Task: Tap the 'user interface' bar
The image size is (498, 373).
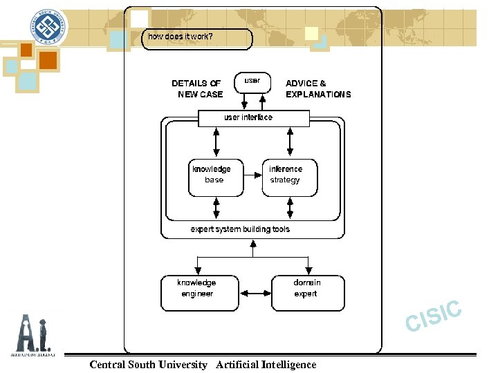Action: click(253, 118)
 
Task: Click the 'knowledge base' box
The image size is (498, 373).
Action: click(216, 177)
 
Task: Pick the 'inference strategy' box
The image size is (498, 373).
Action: click(288, 177)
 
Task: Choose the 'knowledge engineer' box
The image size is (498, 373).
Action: click(199, 292)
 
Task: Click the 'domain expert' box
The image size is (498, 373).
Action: click(307, 292)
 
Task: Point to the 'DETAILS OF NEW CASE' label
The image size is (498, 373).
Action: click(197, 88)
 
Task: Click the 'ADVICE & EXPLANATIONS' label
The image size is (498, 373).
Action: click(317, 88)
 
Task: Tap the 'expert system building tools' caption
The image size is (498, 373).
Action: click(240, 229)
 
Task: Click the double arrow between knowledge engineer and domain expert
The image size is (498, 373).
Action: click(255, 293)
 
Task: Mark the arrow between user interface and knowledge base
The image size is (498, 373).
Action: click(216, 142)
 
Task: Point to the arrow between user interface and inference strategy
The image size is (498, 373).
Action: click(289, 142)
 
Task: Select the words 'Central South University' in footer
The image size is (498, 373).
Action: click(148, 365)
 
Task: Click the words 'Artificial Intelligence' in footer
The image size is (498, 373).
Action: click(266, 365)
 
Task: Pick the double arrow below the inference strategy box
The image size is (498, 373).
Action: click(289, 207)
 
